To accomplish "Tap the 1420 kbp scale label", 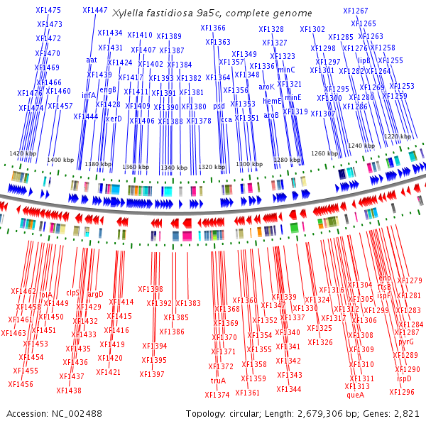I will point(23,153).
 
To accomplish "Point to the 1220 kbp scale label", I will point(397,136).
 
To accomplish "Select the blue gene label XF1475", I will point(48,11).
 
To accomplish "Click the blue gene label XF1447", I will point(95,11).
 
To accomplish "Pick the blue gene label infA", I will point(89,94).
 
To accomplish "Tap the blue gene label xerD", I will point(114,119).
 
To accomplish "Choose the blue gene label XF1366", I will point(213,28).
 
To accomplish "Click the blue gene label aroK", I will point(266,87).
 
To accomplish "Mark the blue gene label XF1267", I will point(356,11).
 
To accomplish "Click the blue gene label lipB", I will point(364,60).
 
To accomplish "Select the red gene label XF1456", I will point(21,384).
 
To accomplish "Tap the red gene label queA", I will point(355,395).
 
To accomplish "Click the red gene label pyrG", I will point(406,342).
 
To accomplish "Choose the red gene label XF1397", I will point(152,374).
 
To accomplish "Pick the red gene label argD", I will point(95,293).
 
